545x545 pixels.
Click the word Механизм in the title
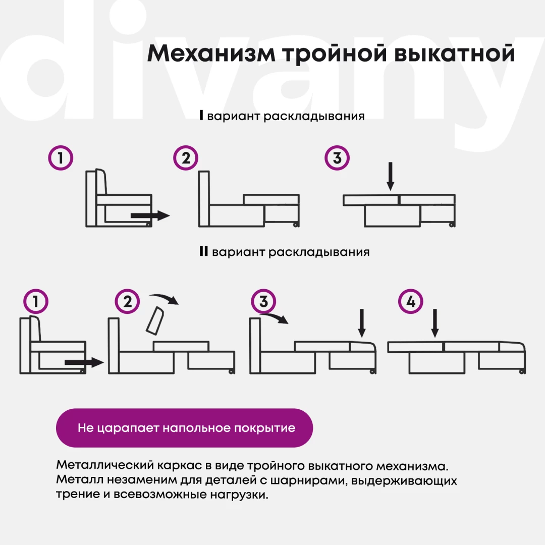pos(211,53)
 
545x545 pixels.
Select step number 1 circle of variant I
pos(61,158)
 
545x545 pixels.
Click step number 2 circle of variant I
pos(186,158)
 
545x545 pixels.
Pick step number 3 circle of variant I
pos(337,158)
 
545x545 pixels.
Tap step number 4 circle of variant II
pos(410,301)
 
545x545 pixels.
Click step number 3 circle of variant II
pos(263,301)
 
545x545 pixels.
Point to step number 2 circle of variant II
pos(127,301)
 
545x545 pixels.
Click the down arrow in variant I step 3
pos(390,176)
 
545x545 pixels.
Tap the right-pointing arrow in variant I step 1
pos(150,215)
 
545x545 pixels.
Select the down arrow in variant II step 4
pos(434,323)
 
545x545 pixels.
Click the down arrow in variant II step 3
pos(362,323)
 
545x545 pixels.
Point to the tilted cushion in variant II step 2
pos(155,320)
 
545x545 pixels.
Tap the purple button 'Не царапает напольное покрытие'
pos(185,428)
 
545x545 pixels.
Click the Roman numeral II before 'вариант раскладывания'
pos(204,251)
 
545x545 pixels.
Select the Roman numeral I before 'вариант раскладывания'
pos(201,115)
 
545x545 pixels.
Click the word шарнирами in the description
pos(308,481)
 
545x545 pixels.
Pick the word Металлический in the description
pos(105,465)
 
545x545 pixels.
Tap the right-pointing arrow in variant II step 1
pos(84,362)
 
